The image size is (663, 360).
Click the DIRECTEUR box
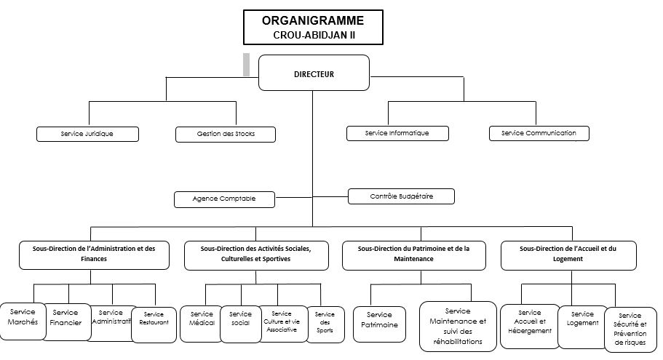click(x=314, y=73)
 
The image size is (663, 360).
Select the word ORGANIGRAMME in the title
click(x=313, y=20)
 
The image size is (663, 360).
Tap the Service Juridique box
click(x=87, y=134)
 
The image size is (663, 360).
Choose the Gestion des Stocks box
click(x=226, y=134)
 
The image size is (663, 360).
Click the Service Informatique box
click(x=397, y=133)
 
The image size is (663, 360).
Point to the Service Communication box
click(x=539, y=133)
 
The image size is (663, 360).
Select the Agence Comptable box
click(x=224, y=199)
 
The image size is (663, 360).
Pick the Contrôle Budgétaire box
click(x=401, y=196)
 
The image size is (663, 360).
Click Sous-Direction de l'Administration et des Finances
click(x=94, y=254)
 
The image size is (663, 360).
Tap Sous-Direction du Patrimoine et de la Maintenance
click(x=413, y=254)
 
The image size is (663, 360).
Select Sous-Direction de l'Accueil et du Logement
click(x=568, y=254)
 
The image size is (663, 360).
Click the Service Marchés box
click(x=23, y=317)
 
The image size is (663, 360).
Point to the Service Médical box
click(x=202, y=319)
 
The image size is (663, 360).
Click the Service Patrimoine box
click(x=379, y=320)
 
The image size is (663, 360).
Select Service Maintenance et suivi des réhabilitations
click(x=457, y=326)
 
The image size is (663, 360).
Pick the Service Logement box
click(x=582, y=319)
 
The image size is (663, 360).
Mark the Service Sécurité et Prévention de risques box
click(x=630, y=329)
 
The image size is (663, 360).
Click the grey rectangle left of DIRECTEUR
click(x=246, y=65)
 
